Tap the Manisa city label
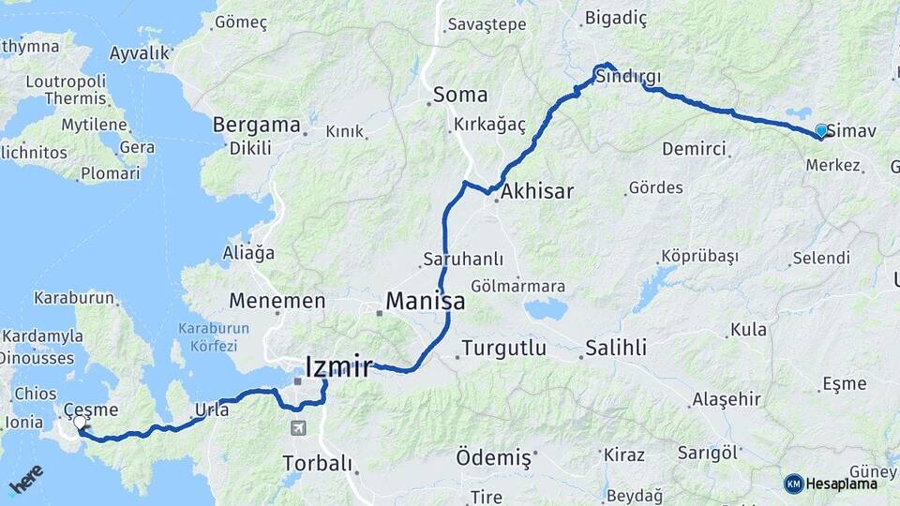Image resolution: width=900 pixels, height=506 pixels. (x=425, y=303)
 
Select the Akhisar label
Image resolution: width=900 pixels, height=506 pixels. (x=537, y=192)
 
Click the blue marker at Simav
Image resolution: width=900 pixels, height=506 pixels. (x=821, y=131)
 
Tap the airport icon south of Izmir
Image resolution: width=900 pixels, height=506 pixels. (x=298, y=428)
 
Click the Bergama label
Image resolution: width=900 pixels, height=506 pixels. (x=257, y=125)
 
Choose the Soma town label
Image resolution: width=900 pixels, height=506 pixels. (x=460, y=95)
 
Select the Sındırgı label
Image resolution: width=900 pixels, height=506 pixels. (x=629, y=77)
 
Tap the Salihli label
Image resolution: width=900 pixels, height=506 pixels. (x=616, y=349)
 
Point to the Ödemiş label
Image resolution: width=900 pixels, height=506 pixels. (x=493, y=458)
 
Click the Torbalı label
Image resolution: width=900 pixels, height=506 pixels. (x=318, y=463)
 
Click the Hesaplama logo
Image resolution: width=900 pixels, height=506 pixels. (x=831, y=484)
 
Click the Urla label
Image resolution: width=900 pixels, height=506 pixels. (x=211, y=409)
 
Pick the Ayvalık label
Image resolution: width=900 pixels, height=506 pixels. (x=139, y=53)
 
